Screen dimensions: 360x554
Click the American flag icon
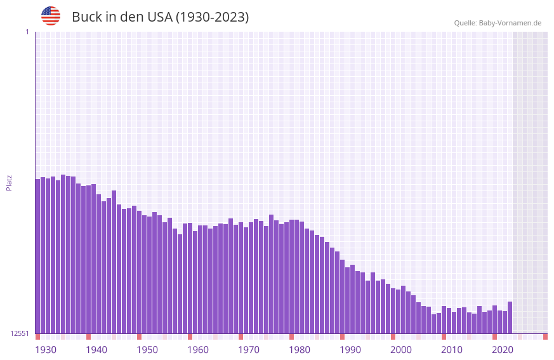pyautogui.click(x=51, y=16)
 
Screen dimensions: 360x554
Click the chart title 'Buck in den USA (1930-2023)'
pyautogui.click(x=160, y=17)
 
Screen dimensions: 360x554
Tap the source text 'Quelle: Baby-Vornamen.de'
pyautogui.click(x=498, y=23)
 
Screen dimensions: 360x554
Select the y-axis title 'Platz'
pyautogui.click(x=9, y=182)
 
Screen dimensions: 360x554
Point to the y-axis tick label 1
pyautogui.click(x=27, y=32)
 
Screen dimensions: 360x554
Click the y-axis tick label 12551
pyautogui.click(x=19, y=333)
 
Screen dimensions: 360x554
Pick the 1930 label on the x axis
pyautogui.click(x=46, y=350)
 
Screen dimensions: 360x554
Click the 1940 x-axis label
pyautogui.click(x=96, y=350)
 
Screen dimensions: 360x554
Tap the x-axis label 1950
pyautogui.click(x=147, y=350)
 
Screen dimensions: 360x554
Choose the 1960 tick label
pyautogui.click(x=198, y=350)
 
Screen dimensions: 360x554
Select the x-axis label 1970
pyautogui.click(x=249, y=350)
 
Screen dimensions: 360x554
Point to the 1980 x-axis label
pyautogui.click(x=300, y=350)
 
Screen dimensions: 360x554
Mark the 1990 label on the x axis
pyautogui.click(x=350, y=350)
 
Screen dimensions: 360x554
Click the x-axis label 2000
pyautogui.click(x=401, y=350)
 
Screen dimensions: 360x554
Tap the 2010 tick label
pyautogui.click(x=452, y=350)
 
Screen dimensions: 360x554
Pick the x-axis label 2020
pyautogui.click(x=503, y=350)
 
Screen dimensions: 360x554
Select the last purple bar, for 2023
pyautogui.click(x=510, y=317)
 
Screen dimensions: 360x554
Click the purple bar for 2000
pyautogui.click(x=393, y=310)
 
